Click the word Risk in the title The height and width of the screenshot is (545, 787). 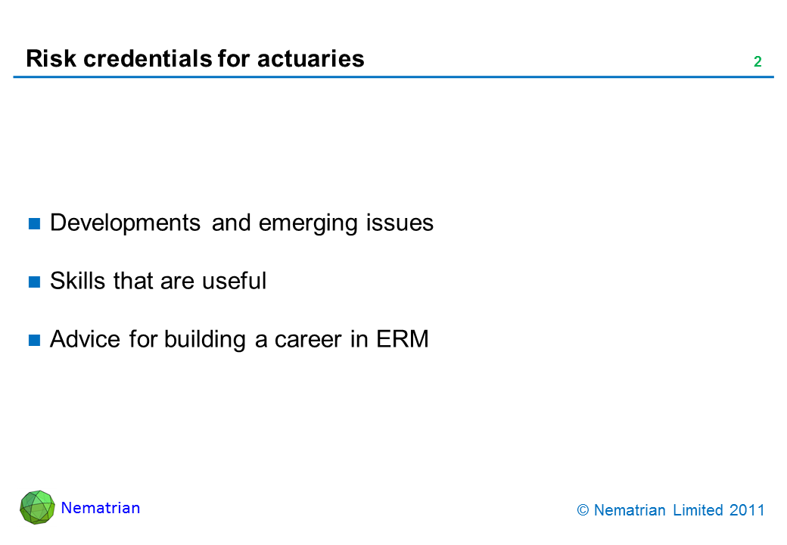(x=51, y=58)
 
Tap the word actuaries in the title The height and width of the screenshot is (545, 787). (x=311, y=58)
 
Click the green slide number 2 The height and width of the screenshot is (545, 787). (x=757, y=62)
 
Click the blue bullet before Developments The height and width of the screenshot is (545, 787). (x=34, y=223)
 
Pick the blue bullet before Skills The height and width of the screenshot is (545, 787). (x=34, y=282)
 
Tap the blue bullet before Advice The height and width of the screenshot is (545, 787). (x=34, y=341)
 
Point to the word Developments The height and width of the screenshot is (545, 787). (x=125, y=223)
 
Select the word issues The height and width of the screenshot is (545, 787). (x=400, y=223)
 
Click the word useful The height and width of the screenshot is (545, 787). (x=234, y=281)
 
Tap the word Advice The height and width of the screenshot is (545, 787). (x=85, y=339)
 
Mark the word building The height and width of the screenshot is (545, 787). (x=205, y=340)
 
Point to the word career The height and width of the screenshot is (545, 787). (x=308, y=340)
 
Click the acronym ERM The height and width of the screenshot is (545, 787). (x=403, y=339)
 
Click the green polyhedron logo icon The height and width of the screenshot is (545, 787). (x=37, y=507)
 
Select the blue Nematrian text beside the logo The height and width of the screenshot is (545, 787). (x=101, y=508)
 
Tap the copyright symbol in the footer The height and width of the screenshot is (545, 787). (x=583, y=510)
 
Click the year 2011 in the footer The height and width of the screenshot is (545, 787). (x=747, y=510)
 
